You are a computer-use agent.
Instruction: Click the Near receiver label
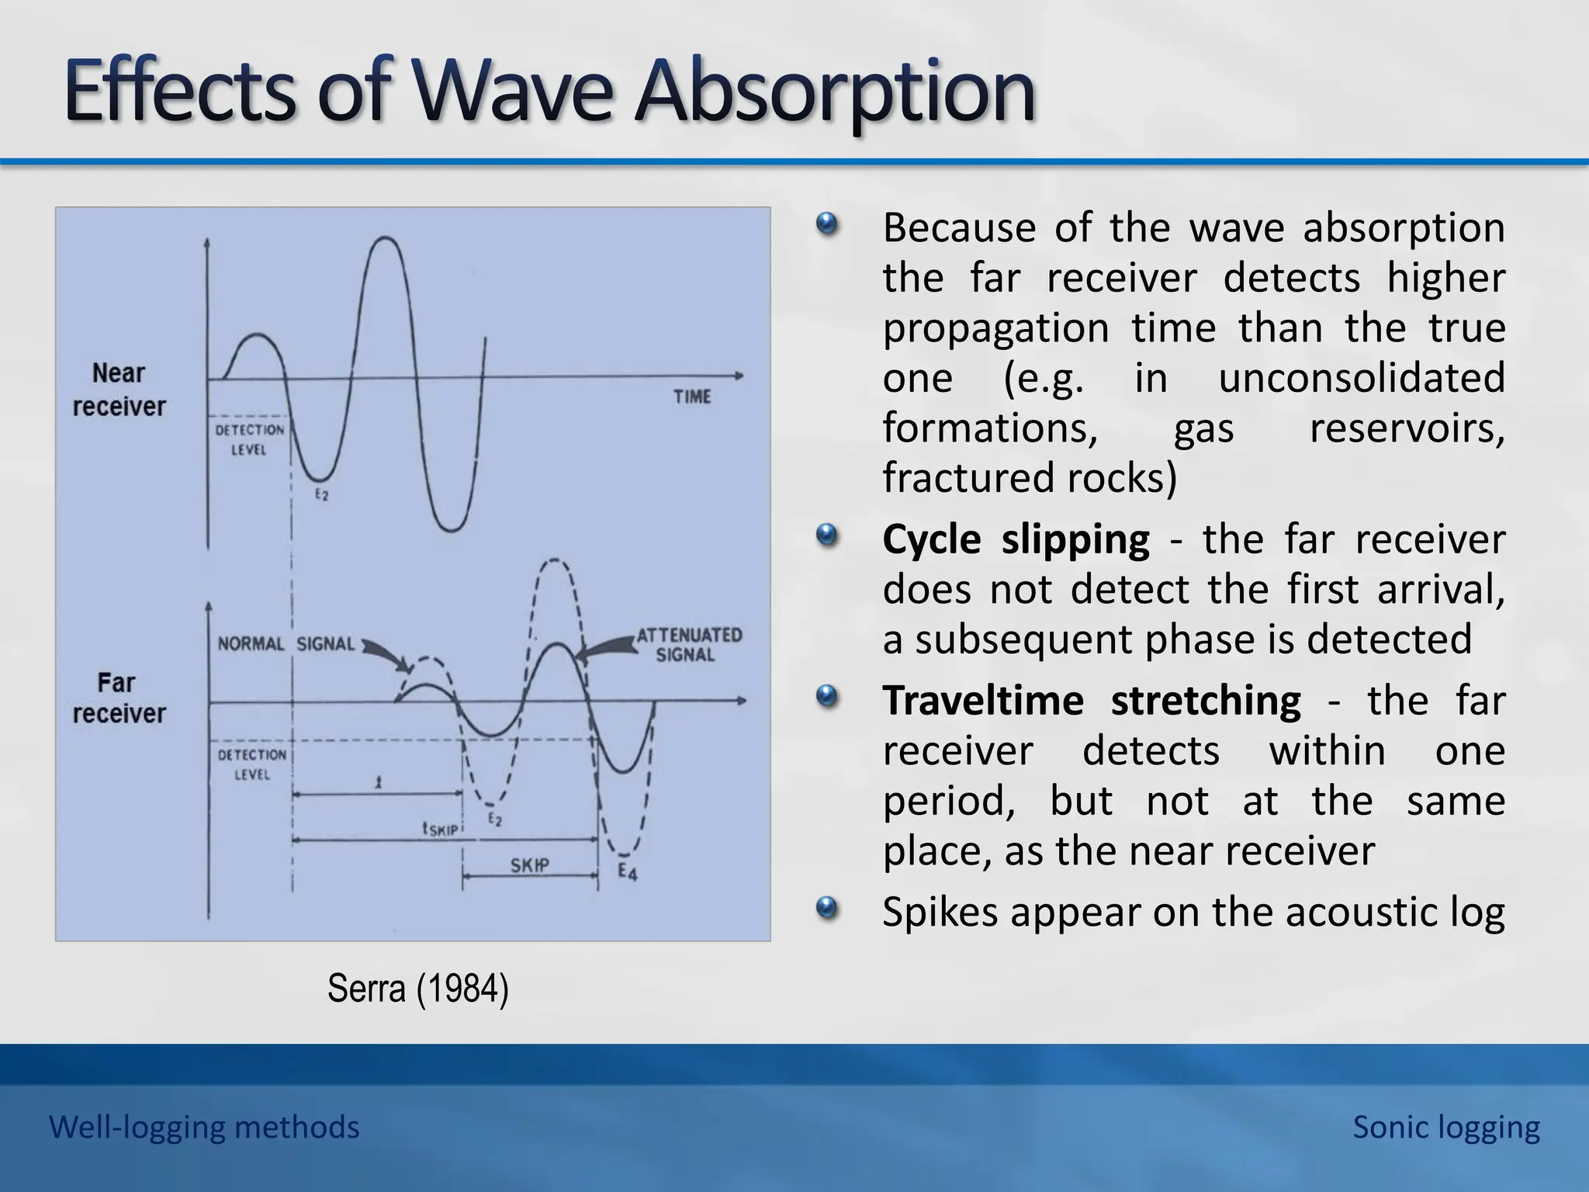[119, 390]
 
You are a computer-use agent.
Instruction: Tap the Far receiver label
[119, 698]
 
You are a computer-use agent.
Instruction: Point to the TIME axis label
[692, 397]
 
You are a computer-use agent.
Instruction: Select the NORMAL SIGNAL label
[286, 643]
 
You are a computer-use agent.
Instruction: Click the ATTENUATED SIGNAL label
[688, 644]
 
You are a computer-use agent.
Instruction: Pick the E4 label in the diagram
[627, 871]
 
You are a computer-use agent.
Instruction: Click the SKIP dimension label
[529, 865]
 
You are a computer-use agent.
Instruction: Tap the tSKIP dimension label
[439, 829]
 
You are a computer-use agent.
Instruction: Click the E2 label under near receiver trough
[321, 494]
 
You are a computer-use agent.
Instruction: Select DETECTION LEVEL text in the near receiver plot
[249, 439]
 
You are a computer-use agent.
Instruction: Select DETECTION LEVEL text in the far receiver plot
[251, 764]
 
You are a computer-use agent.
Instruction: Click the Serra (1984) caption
[417, 989]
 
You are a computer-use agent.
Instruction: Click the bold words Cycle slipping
[1016, 539]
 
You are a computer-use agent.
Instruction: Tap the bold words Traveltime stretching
[1091, 701]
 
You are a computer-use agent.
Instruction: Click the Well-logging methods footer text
[204, 1127]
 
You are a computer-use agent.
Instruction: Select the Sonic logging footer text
[1445, 1127]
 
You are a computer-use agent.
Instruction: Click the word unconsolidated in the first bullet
[1361, 378]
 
